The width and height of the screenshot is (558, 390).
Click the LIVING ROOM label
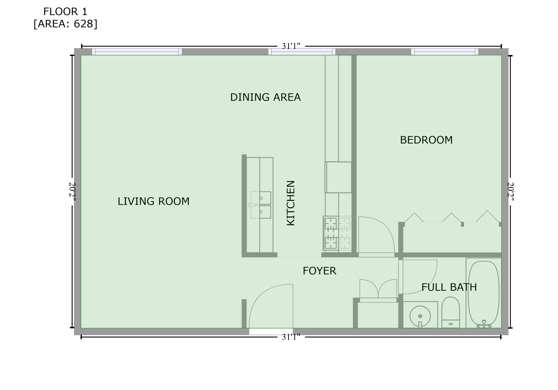point(153,201)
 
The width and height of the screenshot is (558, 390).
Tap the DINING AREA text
point(265,97)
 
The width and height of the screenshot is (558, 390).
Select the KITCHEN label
point(291,203)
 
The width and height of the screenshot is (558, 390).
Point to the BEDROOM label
point(426,140)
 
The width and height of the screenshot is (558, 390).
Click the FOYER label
point(320,271)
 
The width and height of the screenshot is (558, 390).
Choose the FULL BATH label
point(449,287)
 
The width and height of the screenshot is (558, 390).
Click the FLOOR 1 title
point(65,12)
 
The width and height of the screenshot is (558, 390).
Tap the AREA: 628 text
point(65,24)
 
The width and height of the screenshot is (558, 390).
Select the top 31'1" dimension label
point(291,46)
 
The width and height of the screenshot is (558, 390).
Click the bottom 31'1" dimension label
point(291,337)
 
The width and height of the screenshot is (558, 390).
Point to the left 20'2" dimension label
point(72,192)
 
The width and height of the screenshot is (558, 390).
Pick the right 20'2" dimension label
point(511,192)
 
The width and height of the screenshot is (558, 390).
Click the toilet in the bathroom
point(451,312)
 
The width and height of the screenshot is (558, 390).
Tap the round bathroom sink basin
point(420,316)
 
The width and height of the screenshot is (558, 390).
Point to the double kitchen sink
point(260,205)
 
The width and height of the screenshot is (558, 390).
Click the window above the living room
point(137,52)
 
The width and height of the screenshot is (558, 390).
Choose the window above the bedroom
point(445,52)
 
